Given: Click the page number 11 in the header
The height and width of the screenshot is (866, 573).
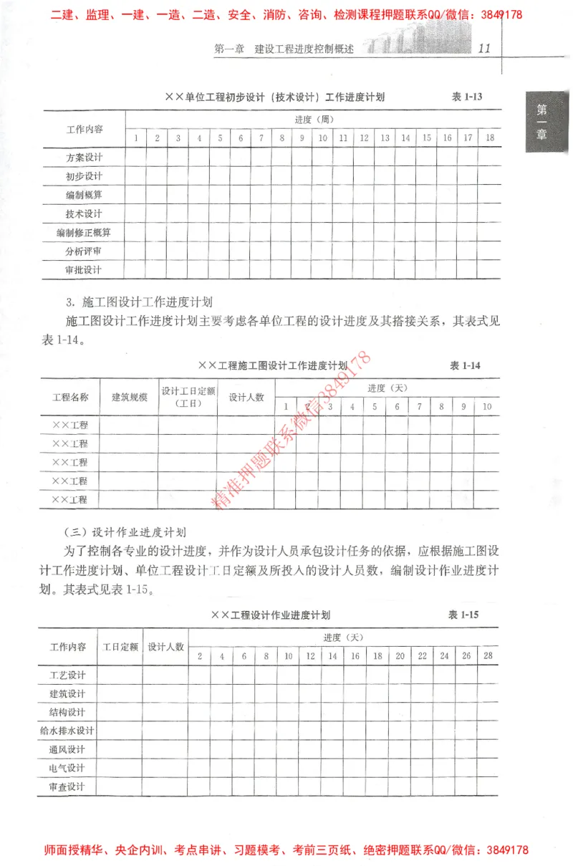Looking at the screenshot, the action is click(x=484, y=49).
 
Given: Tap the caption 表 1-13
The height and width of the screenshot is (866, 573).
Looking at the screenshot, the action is click(x=467, y=97).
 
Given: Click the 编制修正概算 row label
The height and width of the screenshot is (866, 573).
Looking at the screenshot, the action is click(x=84, y=232).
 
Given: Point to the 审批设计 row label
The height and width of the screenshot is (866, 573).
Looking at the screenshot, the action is click(x=84, y=270).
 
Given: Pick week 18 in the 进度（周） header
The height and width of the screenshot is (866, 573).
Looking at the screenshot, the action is click(x=489, y=138).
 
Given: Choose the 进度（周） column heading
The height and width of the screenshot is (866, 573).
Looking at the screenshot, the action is click(x=314, y=120).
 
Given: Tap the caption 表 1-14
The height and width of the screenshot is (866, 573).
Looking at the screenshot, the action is click(x=465, y=365).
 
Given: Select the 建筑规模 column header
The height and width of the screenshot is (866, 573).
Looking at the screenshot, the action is click(x=130, y=397).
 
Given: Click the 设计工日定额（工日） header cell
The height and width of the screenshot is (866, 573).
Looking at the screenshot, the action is click(x=188, y=397).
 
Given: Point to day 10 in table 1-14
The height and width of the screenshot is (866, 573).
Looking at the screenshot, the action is click(x=487, y=407).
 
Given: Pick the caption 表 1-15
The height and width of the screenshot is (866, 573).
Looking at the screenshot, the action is click(x=463, y=615).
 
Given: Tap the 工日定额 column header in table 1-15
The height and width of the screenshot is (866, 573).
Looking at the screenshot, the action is click(x=120, y=646).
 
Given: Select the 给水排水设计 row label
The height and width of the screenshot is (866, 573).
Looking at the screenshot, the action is click(x=67, y=731).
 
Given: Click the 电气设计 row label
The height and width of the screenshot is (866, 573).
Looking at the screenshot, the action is click(x=67, y=768).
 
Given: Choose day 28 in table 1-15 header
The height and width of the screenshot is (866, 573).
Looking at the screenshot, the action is click(x=488, y=655).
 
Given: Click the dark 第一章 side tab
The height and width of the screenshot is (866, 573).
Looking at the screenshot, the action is click(x=542, y=122).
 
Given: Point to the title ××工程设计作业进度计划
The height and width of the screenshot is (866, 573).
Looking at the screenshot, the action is click(x=271, y=615).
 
